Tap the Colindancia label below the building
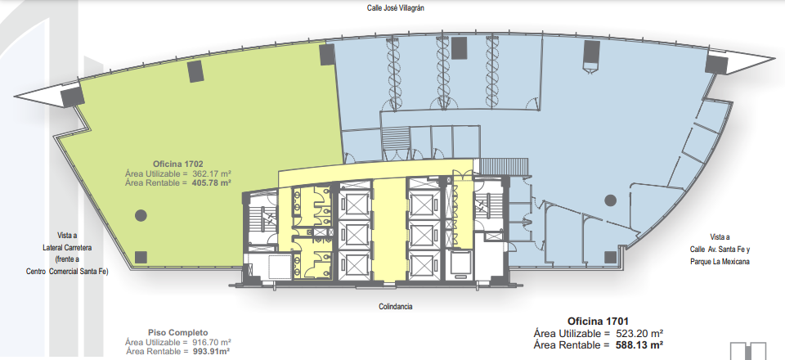click(396, 307)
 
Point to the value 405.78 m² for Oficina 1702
click(212, 183)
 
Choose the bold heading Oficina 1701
click(598, 322)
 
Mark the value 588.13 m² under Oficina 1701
click(636, 345)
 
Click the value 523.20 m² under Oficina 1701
click(636, 334)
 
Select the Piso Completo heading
click(177, 332)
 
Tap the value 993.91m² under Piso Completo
click(211, 352)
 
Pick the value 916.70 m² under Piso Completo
click(212, 342)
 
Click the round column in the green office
click(141, 215)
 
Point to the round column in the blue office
click(610, 200)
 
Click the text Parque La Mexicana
click(720, 261)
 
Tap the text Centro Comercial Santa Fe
click(67, 272)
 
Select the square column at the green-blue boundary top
click(327, 55)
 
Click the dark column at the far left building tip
click(72, 96)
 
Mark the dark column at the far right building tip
click(716, 64)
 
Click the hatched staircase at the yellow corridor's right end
click(504, 166)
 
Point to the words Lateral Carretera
click(67, 247)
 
